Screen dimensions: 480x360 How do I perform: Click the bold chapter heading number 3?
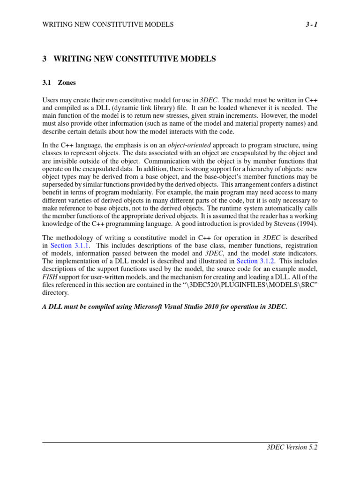45,59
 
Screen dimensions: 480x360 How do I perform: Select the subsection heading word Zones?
67,82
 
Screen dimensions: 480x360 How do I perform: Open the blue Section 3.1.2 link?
256,261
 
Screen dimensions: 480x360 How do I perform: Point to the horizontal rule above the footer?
180,442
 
